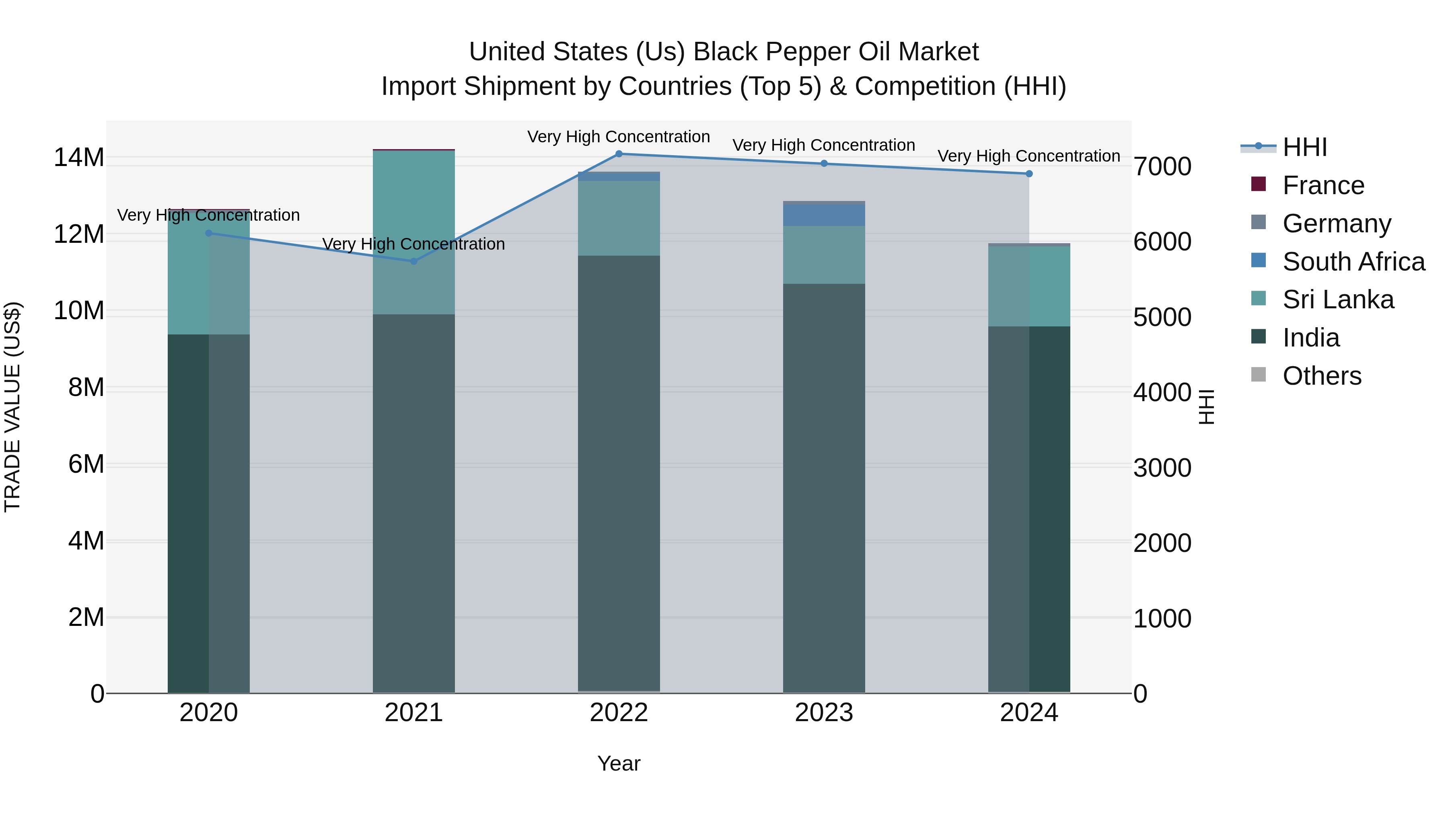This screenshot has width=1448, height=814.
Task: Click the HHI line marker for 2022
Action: point(619,154)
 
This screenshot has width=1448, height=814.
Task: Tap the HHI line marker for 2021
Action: point(414,261)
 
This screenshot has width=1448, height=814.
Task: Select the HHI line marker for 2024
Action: point(1029,174)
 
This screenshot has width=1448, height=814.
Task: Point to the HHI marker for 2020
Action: point(208,233)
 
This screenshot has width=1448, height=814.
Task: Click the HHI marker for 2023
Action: point(824,164)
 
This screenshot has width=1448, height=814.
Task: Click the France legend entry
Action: point(1323,185)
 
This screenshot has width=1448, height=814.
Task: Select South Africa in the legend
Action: point(1353,262)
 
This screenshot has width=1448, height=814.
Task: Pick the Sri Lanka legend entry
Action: point(1338,300)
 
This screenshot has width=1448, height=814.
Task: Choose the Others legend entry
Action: point(1322,376)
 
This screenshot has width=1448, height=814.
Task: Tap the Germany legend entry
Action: point(1337,223)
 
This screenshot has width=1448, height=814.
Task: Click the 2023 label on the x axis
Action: point(824,713)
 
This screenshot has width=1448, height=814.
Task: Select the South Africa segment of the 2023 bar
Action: point(824,215)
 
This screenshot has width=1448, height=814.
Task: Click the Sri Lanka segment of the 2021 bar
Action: point(414,233)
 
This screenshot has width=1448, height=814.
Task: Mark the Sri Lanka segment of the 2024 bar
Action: point(1029,287)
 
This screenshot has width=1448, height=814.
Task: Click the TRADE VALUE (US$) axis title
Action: point(12,407)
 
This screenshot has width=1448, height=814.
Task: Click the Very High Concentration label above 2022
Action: point(619,137)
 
